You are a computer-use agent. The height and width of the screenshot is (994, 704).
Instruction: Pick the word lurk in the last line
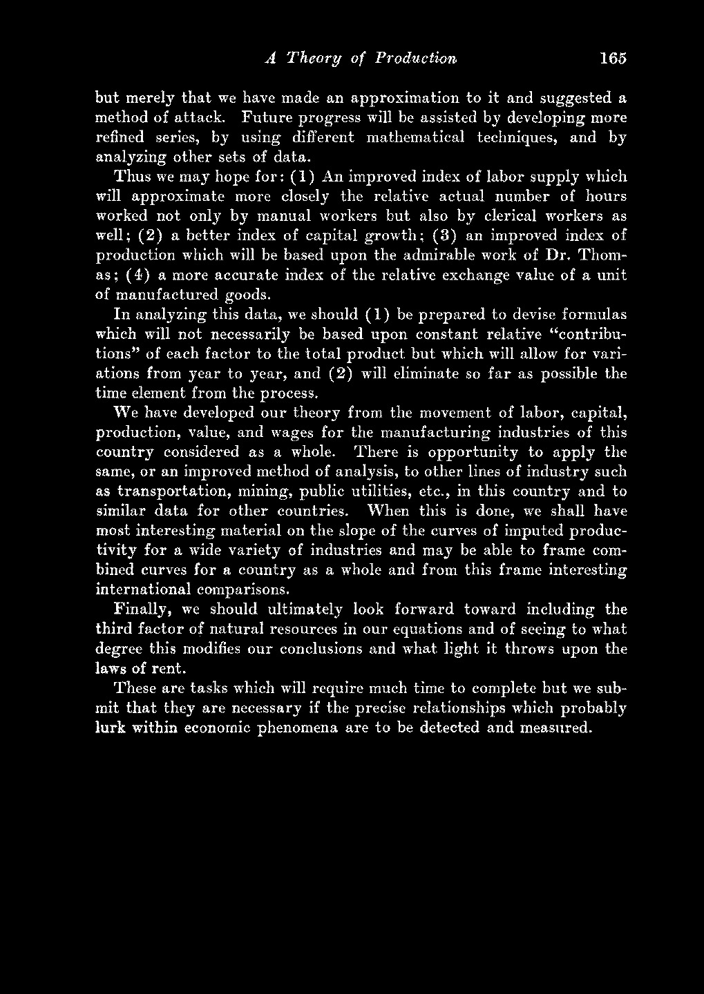(109, 728)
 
